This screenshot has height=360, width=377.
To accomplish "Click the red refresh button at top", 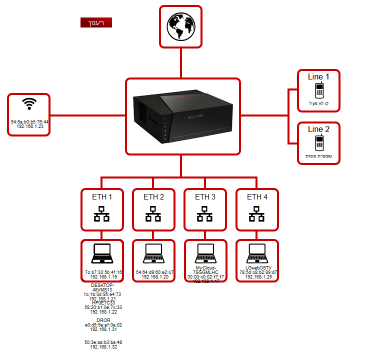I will [x=96, y=22].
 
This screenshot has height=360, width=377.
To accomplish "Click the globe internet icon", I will [x=180, y=26].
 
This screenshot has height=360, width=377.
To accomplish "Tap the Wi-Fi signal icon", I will [x=29, y=104].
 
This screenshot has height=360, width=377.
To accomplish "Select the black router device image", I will [x=183, y=116].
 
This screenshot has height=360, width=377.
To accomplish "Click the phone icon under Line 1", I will [x=319, y=90].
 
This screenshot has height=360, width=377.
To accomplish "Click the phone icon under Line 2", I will [x=319, y=143].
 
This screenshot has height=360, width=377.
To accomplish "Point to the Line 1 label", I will [x=318, y=77].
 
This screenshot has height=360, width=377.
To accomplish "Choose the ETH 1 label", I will [x=102, y=197].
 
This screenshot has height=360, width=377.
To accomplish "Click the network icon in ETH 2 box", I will [x=153, y=215].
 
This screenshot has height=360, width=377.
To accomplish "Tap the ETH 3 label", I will [x=205, y=197].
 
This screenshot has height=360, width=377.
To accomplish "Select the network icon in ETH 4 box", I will [x=257, y=215].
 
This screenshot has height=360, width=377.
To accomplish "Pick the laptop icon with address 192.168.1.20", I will [x=153, y=253].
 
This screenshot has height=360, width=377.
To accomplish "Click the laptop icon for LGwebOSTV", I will [x=257, y=250].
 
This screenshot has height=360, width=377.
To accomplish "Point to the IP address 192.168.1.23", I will [x=30, y=126].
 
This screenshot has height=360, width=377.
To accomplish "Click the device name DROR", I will [x=103, y=320].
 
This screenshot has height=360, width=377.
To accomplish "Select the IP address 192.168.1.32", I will [x=103, y=347].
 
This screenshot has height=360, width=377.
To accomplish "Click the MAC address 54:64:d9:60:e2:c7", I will [x=154, y=272].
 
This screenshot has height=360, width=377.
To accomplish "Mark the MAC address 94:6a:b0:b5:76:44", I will [x=30, y=121].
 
